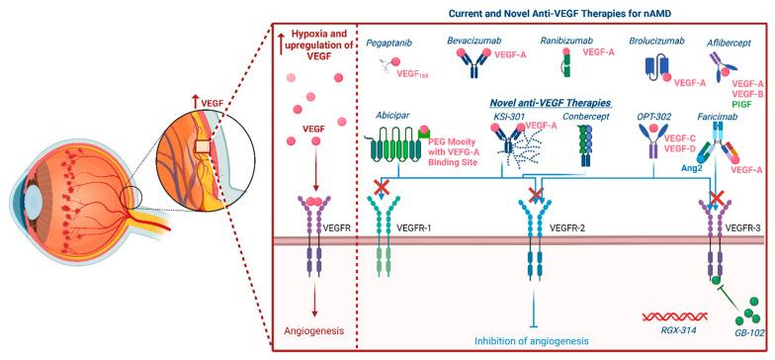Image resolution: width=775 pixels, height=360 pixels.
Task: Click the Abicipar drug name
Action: coord(394,115)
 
